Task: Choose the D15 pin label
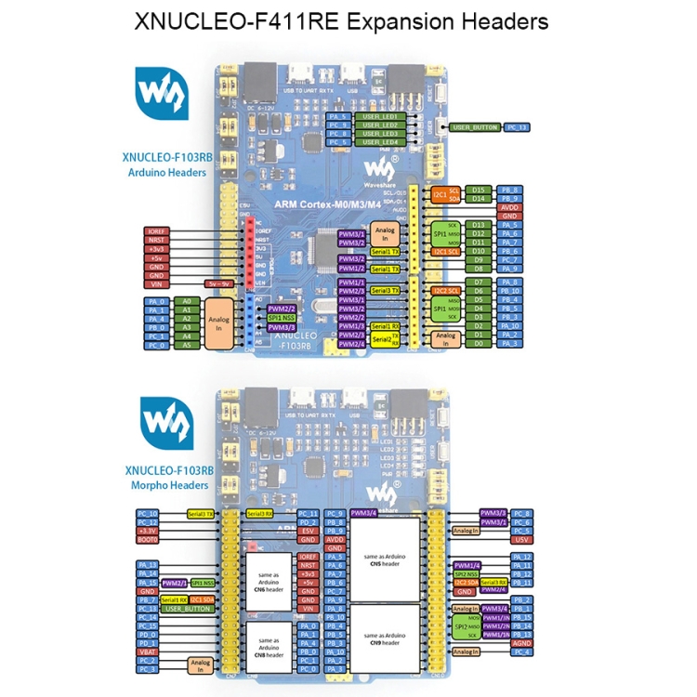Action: click(479, 189)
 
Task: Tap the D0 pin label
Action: click(479, 344)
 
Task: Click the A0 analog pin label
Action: click(187, 302)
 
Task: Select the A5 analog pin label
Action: click(187, 345)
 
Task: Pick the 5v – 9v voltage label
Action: click(217, 283)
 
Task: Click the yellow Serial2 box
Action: click(382, 339)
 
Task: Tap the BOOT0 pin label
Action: click(148, 539)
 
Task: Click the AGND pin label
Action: click(521, 642)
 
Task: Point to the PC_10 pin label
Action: click(148, 513)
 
